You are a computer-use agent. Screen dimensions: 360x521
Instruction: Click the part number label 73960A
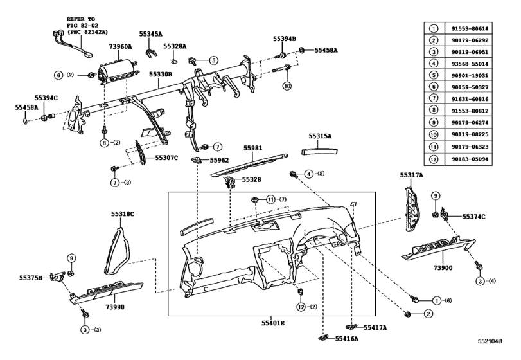(x=120, y=47)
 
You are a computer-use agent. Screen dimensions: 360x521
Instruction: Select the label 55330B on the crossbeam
(x=160, y=75)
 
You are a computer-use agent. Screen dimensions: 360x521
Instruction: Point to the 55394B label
(x=284, y=39)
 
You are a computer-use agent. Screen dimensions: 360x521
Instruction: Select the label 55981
(x=252, y=148)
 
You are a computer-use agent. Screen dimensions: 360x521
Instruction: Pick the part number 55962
(x=218, y=159)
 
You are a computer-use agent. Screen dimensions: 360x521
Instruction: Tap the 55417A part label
(x=375, y=327)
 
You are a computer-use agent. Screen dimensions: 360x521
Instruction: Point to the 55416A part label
(x=345, y=337)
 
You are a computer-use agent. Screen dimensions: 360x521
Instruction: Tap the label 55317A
(x=411, y=174)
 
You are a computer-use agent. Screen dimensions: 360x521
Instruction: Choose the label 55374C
(x=474, y=217)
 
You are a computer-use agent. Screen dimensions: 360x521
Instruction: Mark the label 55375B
(x=30, y=278)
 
